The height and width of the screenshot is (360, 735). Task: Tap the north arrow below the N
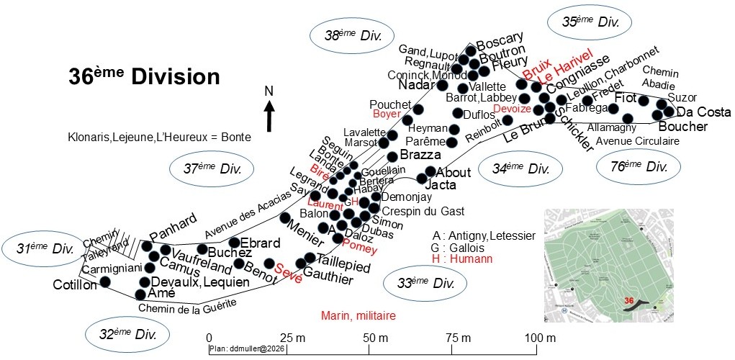click(269, 117)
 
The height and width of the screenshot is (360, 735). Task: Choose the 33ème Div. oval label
click(427, 282)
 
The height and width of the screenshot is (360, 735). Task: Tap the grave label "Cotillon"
click(75, 285)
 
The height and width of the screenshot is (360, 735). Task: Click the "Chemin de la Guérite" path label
click(188, 307)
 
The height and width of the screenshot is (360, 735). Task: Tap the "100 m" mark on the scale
click(536, 338)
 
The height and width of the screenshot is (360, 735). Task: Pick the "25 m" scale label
click(287, 338)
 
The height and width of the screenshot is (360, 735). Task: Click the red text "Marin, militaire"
click(359, 315)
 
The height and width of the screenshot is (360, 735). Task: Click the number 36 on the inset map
click(629, 300)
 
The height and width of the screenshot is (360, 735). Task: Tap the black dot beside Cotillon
click(105, 282)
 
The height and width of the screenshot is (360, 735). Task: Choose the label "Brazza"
click(420, 156)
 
